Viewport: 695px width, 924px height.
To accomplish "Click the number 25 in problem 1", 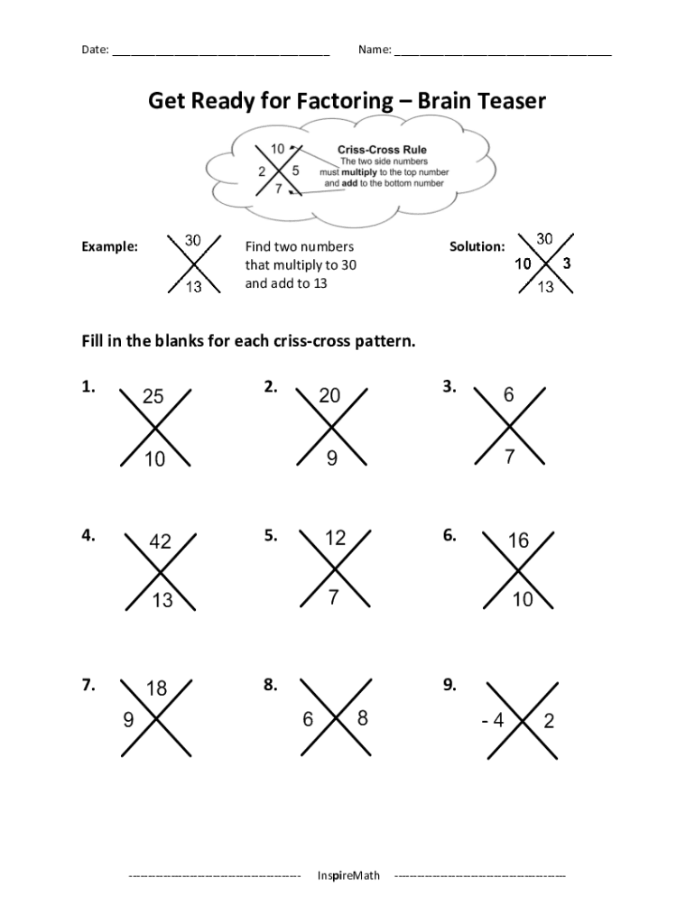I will [x=153, y=396].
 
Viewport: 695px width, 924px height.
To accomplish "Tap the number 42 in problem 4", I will [x=160, y=541].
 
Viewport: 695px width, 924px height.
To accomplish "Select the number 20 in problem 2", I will [x=329, y=396].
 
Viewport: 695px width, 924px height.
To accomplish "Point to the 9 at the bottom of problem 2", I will [x=332, y=458].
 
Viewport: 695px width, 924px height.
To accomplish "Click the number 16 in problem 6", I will [x=518, y=541].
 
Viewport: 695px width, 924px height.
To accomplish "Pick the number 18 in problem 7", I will [x=156, y=689].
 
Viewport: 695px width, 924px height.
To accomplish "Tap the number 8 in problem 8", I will [x=363, y=718].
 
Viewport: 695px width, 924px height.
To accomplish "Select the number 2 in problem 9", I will [x=549, y=722].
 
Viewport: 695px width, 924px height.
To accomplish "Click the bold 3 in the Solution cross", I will [x=566, y=264].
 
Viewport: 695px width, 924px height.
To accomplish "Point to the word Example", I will [x=110, y=246].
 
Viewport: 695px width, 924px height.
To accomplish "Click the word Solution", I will [x=477, y=246].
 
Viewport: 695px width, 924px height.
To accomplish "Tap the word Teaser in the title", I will [x=507, y=101].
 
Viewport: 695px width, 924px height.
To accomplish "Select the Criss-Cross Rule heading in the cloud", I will [x=382, y=150].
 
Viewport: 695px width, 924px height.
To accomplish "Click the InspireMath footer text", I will [x=348, y=875].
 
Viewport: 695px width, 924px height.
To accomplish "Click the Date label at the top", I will [x=95, y=51].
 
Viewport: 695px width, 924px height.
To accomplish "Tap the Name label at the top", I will [x=374, y=51].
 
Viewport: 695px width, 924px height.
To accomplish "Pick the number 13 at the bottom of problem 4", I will [x=162, y=599].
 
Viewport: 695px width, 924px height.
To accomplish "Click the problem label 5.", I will [x=270, y=535].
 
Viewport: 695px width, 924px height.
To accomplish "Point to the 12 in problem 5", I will [x=335, y=538].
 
